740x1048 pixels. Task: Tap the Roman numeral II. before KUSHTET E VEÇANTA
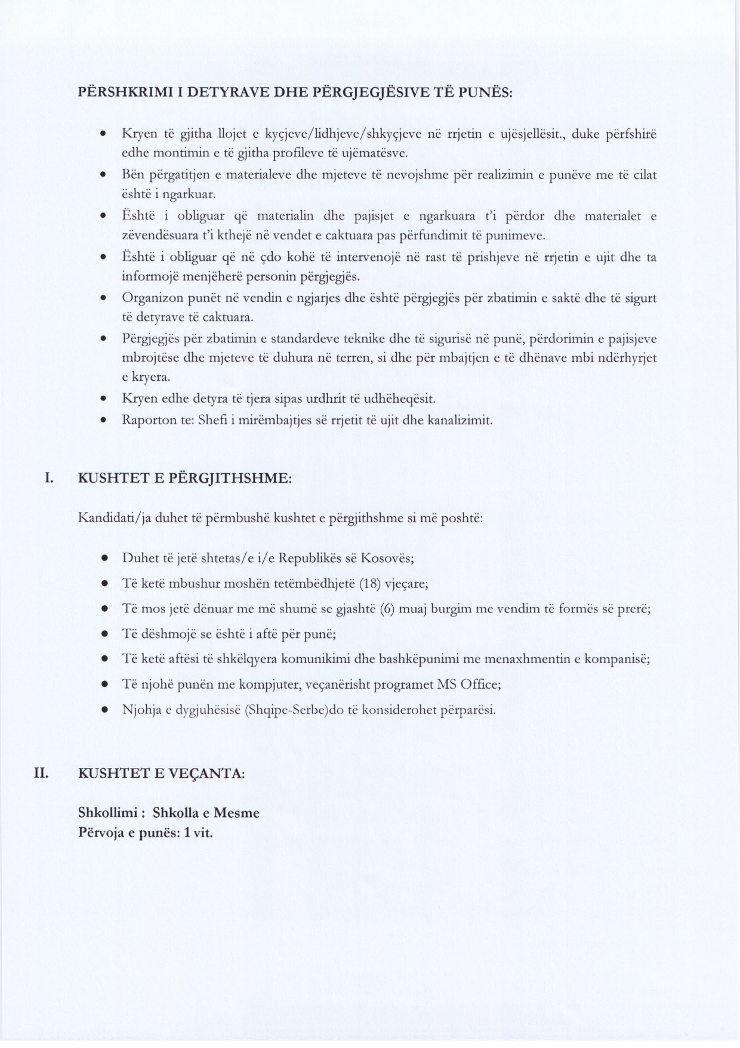point(42,773)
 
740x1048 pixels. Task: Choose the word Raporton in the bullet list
point(143,420)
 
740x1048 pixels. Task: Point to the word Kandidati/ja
point(115,517)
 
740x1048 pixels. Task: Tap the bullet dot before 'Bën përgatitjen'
point(104,175)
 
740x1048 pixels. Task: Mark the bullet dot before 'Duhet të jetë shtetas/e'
point(104,559)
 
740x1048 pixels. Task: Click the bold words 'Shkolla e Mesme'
point(206,813)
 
